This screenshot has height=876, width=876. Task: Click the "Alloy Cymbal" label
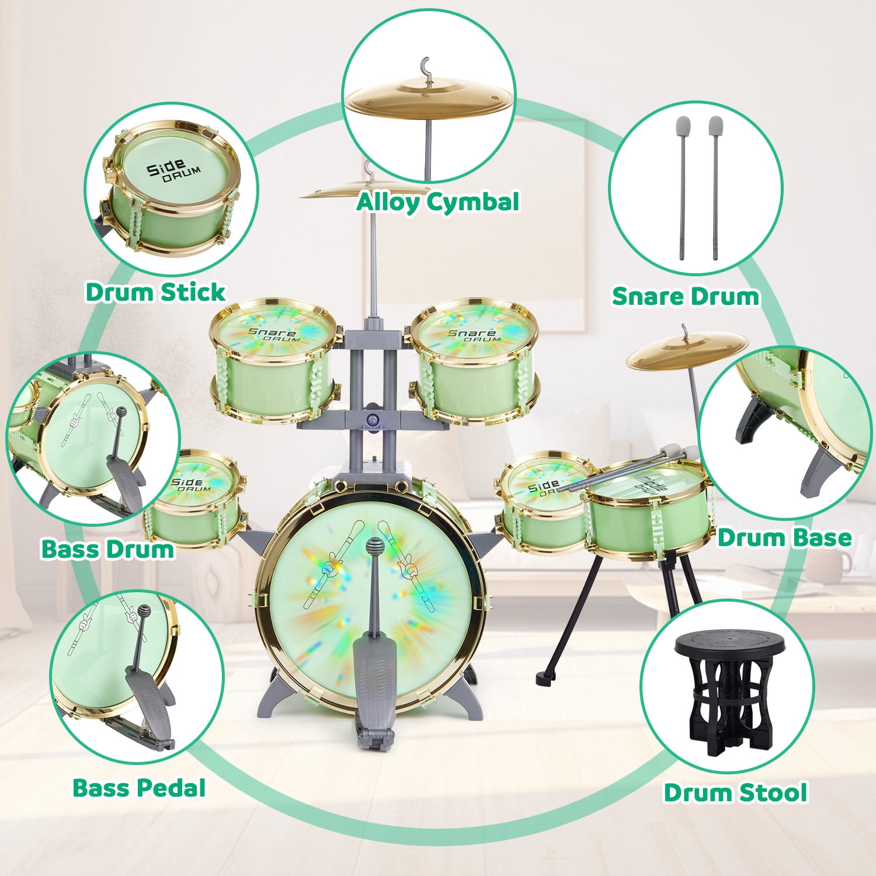[437, 202]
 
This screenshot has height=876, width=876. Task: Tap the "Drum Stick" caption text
[155, 292]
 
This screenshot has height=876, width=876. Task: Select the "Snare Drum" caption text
[685, 296]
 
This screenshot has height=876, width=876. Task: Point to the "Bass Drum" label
[107, 549]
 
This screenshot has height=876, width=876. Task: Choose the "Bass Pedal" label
[139, 788]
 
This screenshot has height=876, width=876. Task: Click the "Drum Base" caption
[784, 538]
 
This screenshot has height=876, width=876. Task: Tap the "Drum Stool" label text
[735, 792]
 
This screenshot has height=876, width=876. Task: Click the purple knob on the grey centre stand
[372, 419]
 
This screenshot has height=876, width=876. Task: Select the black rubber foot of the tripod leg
[545, 677]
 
